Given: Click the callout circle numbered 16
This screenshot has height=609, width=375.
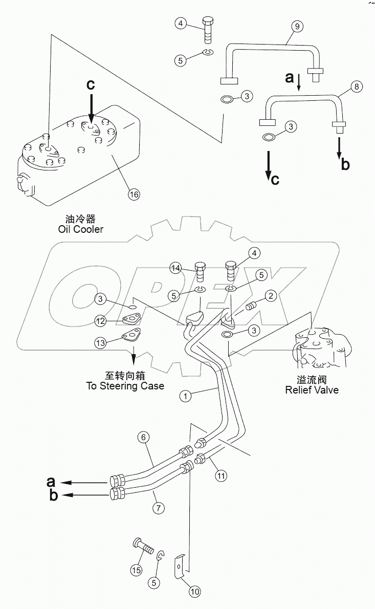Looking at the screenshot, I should tap(133, 194).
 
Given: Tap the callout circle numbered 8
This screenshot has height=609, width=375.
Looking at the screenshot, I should tap(357, 87).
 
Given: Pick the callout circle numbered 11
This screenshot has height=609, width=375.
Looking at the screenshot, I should tap(220, 475).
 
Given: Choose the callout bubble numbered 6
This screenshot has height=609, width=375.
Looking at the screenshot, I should tap(144, 437).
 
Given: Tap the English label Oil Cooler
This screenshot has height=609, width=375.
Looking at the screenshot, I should tap(81, 229).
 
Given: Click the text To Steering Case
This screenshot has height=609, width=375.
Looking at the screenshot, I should tap(125, 385).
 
